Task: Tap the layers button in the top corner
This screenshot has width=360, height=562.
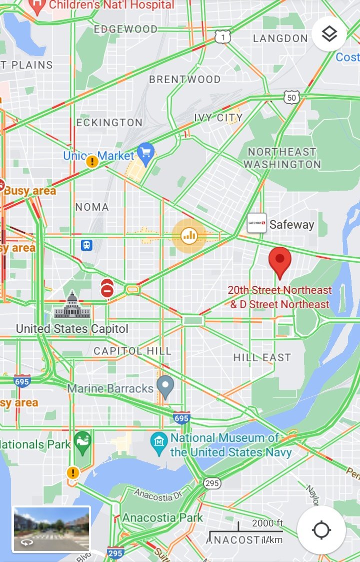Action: (329, 34)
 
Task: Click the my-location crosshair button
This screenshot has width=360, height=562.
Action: (321, 529)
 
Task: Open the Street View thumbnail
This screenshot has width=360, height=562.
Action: (51, 529)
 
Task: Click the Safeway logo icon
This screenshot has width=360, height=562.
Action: (257, 224)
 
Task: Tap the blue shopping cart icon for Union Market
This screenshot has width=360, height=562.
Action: (145, 154)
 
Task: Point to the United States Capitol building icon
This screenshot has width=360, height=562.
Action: (72, 306)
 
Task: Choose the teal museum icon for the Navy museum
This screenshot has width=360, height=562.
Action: (159, 443)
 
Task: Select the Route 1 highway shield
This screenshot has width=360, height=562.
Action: (222, 37)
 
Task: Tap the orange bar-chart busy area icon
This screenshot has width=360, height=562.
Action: (189, 235)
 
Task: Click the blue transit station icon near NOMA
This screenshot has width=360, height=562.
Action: (87, 245)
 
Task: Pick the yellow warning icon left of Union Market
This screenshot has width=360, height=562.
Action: (92, 161)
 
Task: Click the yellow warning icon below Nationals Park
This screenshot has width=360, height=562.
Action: (73, 472)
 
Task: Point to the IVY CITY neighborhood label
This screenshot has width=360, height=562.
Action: (218, 118)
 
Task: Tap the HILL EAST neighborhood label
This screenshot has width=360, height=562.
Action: (262, 357)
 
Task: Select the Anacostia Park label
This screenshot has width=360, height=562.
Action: (163, 517)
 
